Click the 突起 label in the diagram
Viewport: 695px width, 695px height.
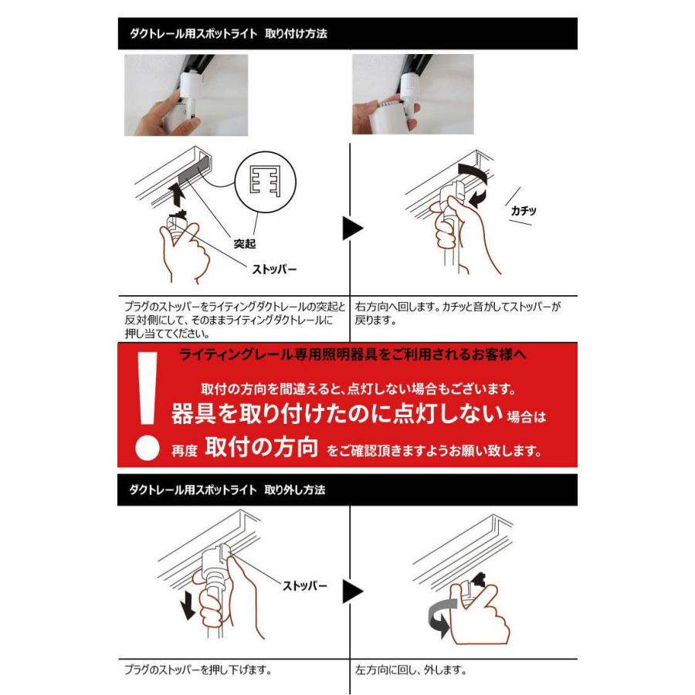pyautogui.click(x=245, y=244)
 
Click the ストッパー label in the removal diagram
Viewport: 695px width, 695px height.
pyautogui.click(x=305, y=586)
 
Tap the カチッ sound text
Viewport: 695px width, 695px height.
pyautogui.click(x=524, y=209)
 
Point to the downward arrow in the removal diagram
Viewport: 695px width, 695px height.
pyautogui.click(x=186, y=606)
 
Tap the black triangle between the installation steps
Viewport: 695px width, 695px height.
pyautogui.click(x=353, y=228)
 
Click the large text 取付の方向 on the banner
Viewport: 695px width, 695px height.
pyautogui.click(x=262, y=449)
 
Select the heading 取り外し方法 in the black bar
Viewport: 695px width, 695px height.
pyautogui.click(x=295, y=490)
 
